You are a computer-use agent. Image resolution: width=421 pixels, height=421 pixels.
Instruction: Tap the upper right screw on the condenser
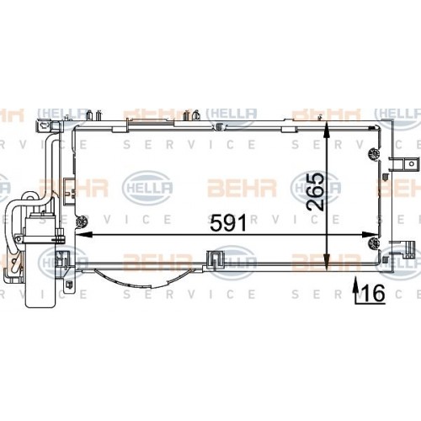click(373, 152)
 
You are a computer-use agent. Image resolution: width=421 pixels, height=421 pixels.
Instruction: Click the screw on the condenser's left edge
click(81, 223)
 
